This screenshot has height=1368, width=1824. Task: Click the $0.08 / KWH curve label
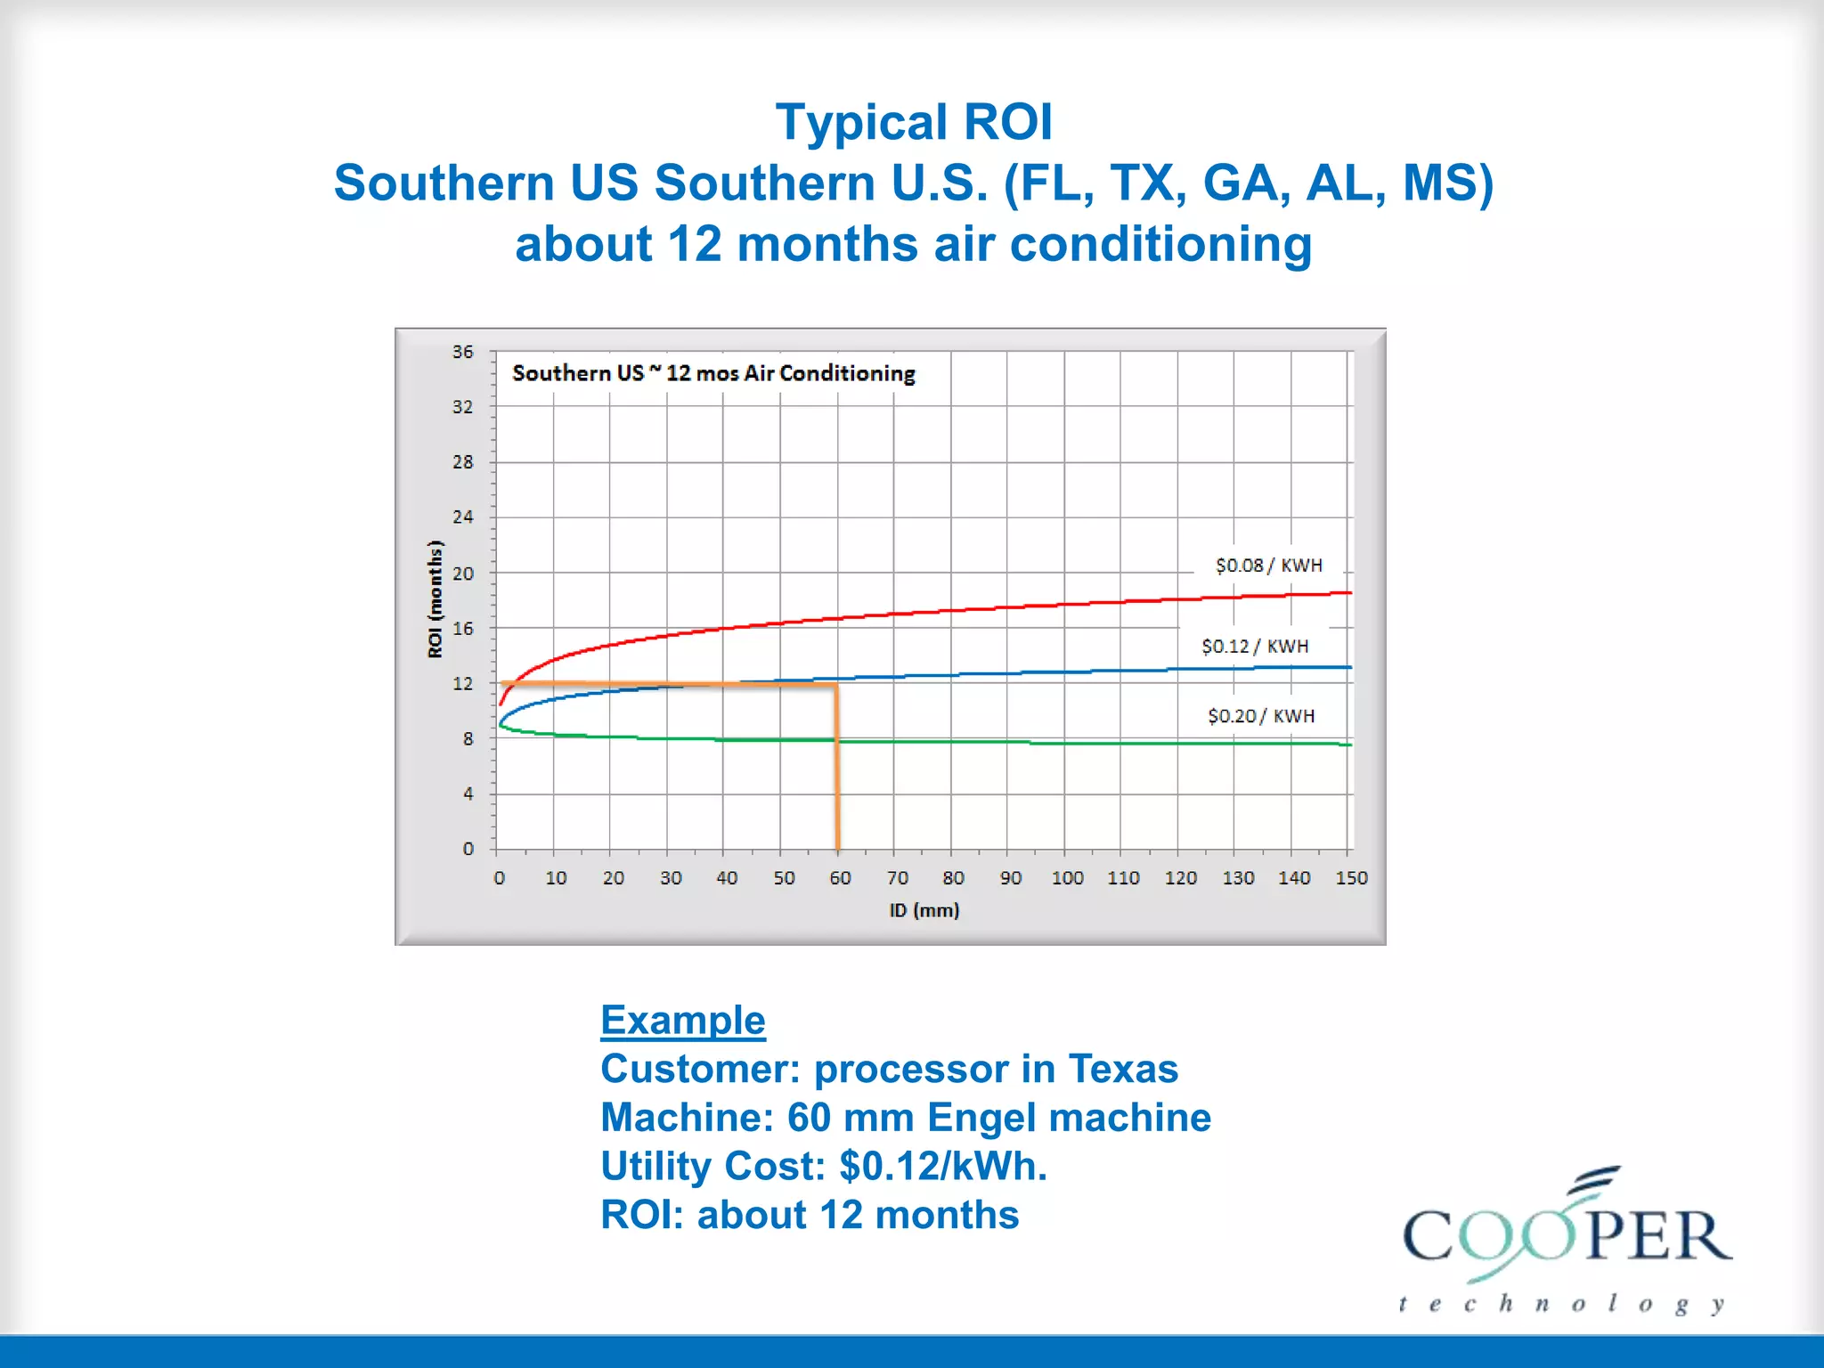click(1268, 566)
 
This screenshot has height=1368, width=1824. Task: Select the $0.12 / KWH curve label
click(1254, 647)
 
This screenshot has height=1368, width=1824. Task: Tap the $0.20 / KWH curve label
click(1260, 716)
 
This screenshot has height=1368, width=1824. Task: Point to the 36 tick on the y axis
click(462, 352)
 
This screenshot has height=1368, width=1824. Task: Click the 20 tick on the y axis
click(462, 574)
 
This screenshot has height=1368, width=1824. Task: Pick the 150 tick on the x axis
click(1351, 878)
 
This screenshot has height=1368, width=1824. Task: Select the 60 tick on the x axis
click(840, 878)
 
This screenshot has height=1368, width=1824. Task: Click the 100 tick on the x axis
click(1067, 878)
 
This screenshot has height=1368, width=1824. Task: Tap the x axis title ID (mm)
click(924, 910)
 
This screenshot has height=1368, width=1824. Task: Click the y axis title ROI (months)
click(435, 599)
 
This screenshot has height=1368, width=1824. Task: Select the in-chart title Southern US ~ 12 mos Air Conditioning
click(713, 373)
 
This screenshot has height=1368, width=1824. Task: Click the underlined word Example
click(682, 1020)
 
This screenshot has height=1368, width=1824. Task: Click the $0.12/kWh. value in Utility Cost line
click(942, 1167)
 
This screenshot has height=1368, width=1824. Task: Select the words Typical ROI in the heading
click(913, 122)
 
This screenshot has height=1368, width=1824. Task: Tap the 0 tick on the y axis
click(468, 849)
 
